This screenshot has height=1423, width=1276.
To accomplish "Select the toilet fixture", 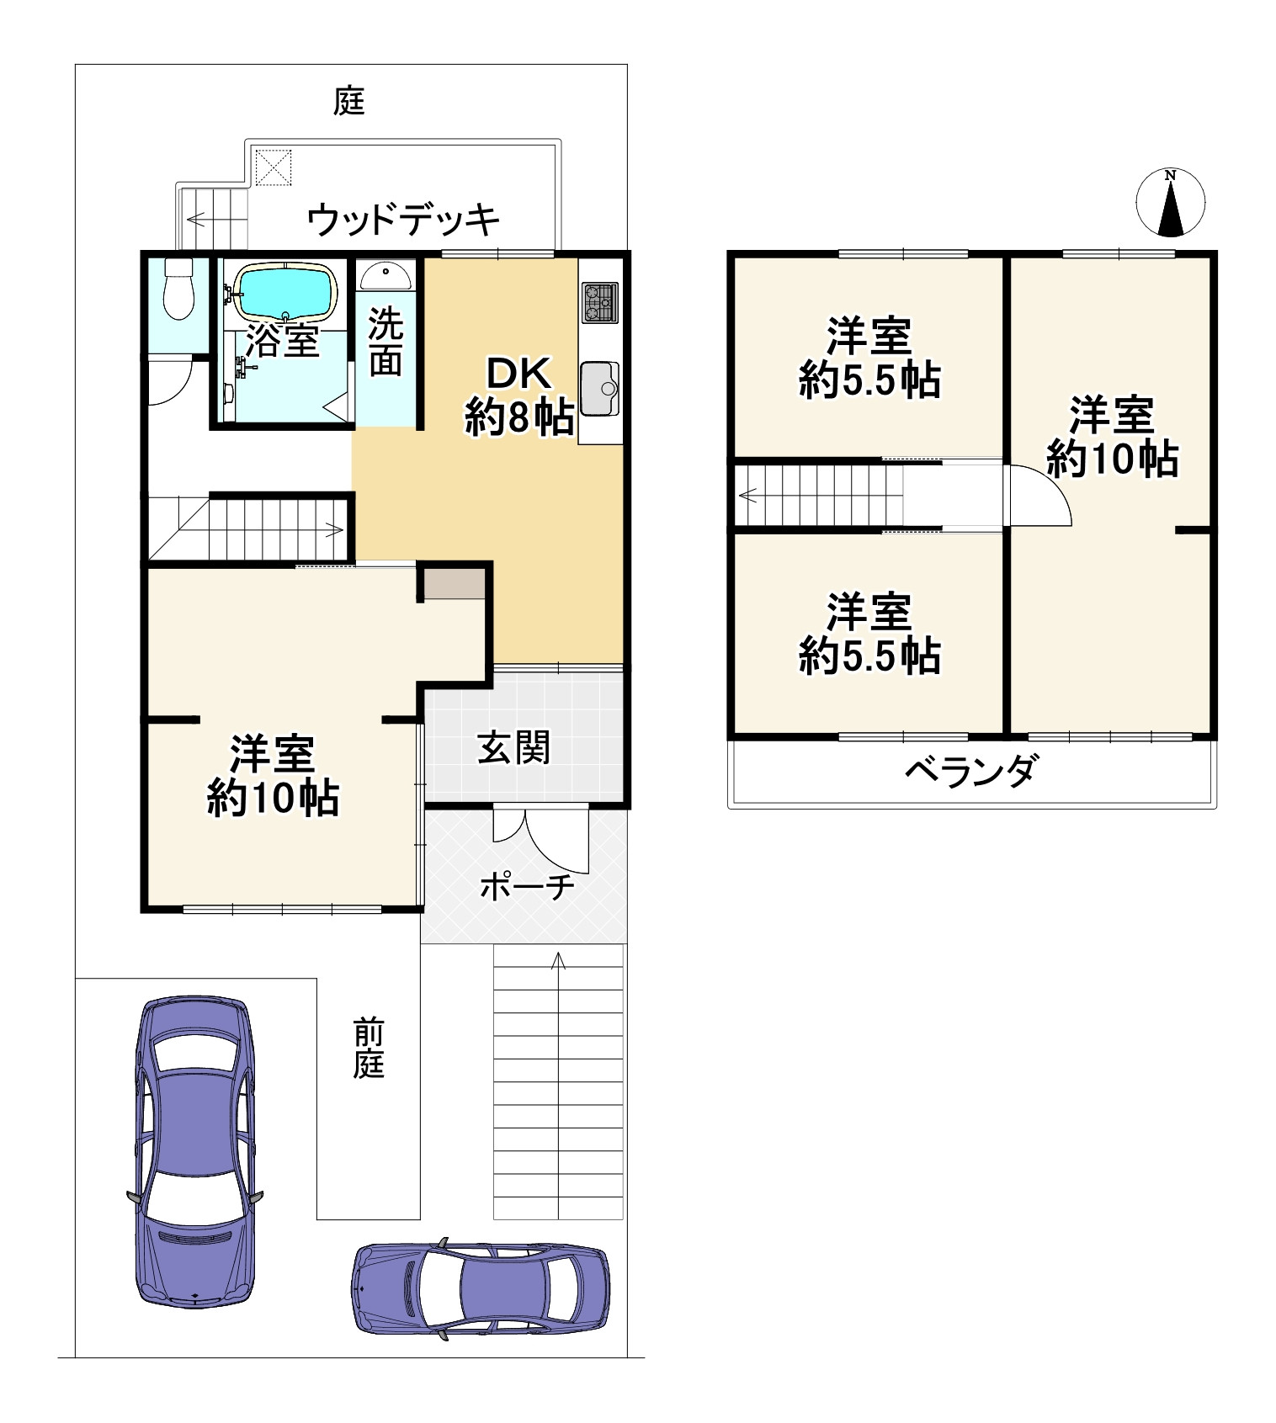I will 178,289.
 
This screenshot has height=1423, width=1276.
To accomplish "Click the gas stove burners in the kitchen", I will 598,301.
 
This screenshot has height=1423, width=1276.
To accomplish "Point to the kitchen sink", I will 599,388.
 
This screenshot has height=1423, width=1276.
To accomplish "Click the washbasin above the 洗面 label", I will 386,274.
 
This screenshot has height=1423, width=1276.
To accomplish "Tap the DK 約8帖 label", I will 519,396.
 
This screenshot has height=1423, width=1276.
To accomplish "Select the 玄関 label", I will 513,747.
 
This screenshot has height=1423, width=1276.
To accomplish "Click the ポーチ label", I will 527,886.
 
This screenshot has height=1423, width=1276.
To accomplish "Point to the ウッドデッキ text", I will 402,220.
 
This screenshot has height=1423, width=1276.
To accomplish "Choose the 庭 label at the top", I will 349,102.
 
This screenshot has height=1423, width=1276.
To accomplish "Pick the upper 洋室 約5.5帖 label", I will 869,358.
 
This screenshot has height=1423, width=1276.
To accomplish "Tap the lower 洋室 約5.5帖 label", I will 869,634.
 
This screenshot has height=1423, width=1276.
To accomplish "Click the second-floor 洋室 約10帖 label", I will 1112,437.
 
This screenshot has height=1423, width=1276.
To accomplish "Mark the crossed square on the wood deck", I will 273,167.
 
